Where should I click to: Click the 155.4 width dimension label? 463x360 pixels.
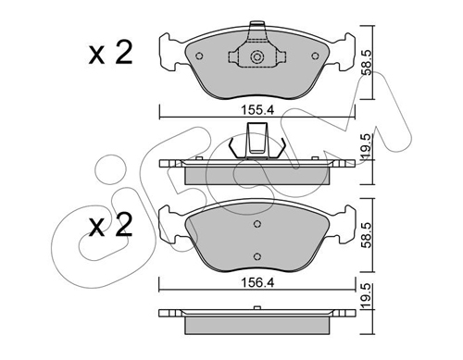pyautogui.click(x=257, y=110)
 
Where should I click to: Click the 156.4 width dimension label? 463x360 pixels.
pyautogui.click(x=257, y=282)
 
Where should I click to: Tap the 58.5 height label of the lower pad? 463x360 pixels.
pyautogui.click(x=367, y=235)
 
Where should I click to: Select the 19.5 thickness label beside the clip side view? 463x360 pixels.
pyautogui.click(x=367, y=147)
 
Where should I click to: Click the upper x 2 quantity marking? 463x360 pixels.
pyautogui.click(x=110, y=53)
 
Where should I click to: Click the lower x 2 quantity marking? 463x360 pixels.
pyautogui.click(x=110, y=225)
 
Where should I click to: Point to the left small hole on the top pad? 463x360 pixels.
pyautogui.click(x=199, y=56)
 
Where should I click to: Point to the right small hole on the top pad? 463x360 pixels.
pyautogui.click(x=315, y=56)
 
